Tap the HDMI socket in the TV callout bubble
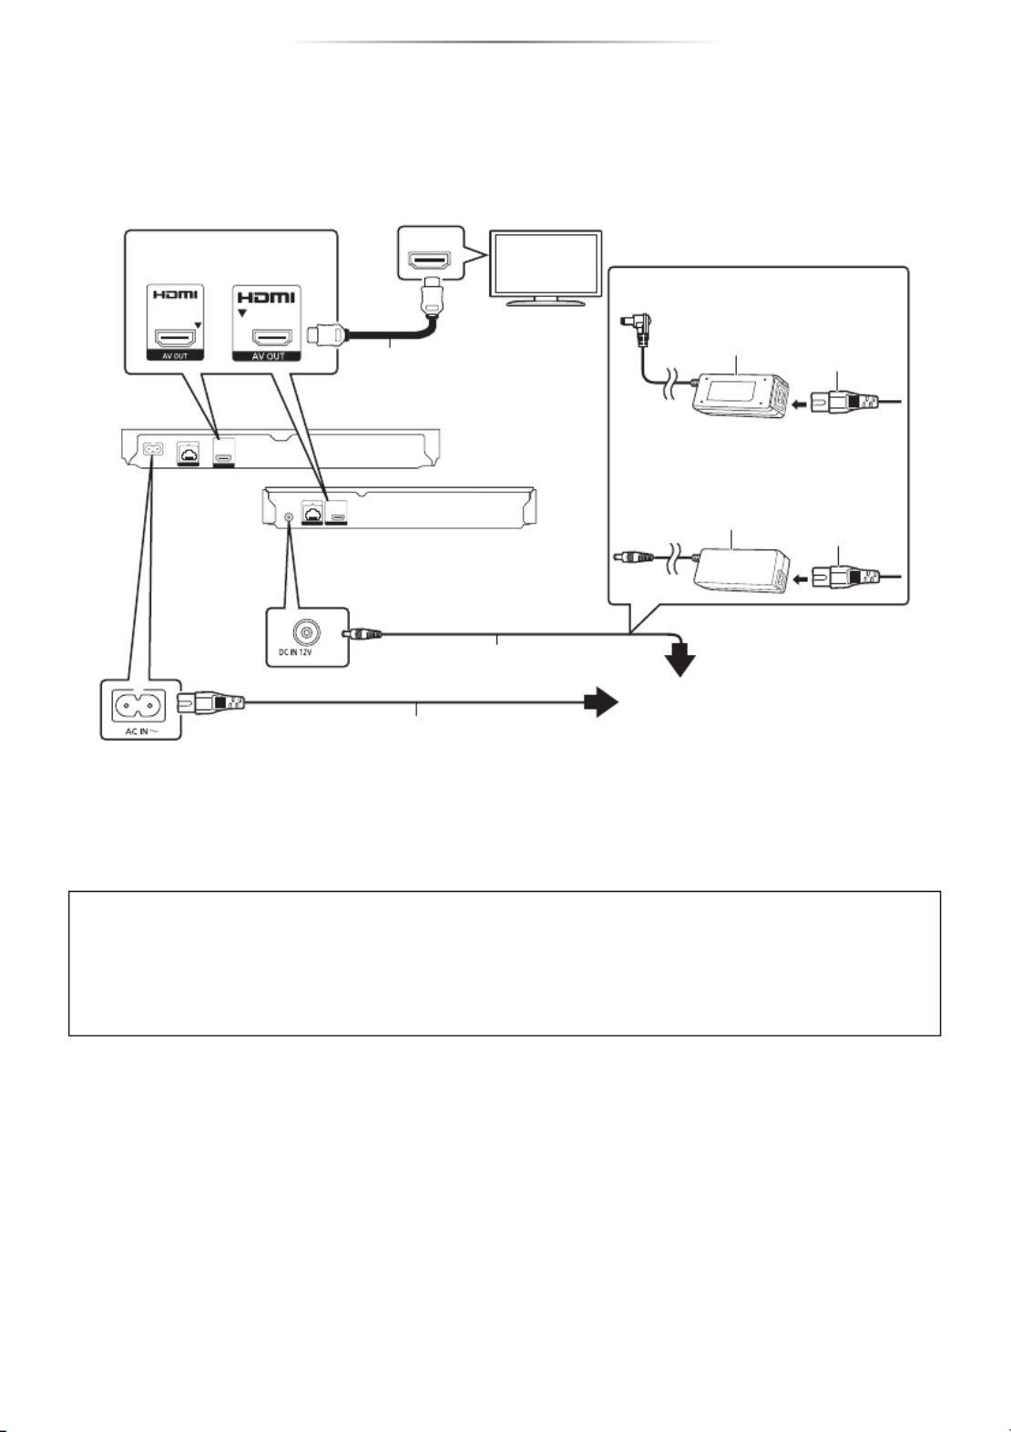coord(430,261)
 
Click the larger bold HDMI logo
coord(267,297)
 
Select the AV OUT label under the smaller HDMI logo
coord(175,355)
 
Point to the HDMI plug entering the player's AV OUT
coord(327,334)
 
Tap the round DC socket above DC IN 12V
coord(306,633)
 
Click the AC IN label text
coord(140,731)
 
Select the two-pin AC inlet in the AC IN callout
coord(138,705)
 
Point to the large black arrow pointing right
coord(601,702)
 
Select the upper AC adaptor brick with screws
coord(740,395)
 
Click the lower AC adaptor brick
coord(741,569)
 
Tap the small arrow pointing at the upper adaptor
coord(800,404)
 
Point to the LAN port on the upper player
coord(189,452)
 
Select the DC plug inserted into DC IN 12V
coord(363,634)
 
